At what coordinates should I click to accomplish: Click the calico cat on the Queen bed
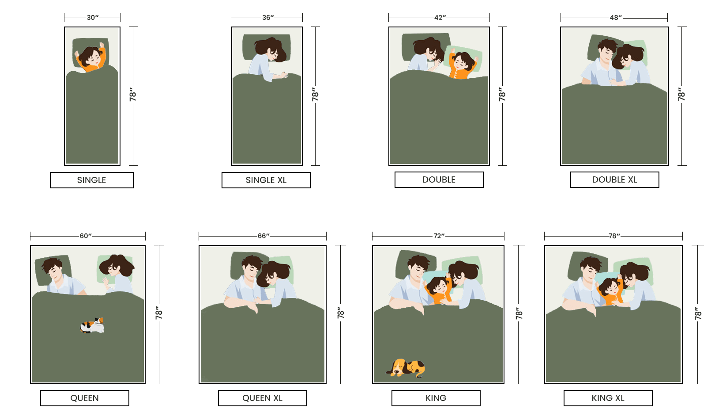[92, 326]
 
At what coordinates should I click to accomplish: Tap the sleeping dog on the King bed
[406, 368]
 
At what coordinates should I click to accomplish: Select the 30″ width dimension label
[93, 18]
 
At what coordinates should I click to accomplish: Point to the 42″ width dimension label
[440, 18]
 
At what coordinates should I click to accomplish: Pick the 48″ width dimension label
[615, 18]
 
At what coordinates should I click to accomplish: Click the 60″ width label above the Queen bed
[86, 236]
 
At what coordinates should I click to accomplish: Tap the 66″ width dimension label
[263, 236]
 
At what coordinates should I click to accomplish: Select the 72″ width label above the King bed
[439, 236]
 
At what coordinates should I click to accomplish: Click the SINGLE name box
[92, 180]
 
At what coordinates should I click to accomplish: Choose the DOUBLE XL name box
[614, 179]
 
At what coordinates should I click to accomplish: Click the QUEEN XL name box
[262, 398]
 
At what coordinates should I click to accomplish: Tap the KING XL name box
[608, 398]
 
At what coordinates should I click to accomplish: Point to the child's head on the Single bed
[90, 56]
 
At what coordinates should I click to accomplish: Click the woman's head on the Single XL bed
[271, 50]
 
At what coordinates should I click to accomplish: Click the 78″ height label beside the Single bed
[133, 95]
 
